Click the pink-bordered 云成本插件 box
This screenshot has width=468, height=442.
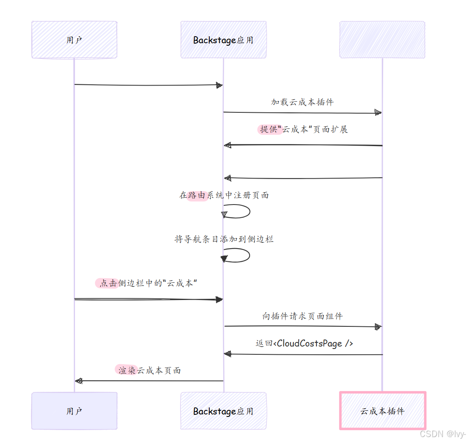click(382, 411)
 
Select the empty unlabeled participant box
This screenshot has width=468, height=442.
click(382, 40)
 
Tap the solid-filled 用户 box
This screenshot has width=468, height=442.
click(74, 411)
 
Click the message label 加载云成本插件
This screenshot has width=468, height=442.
click(302, 102)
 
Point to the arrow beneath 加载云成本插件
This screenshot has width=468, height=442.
click(302, 113)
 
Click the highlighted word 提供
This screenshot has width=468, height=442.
click(269, 129)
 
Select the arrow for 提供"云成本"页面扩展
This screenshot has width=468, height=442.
click(303, 145)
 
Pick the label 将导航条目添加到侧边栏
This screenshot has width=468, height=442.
click(224, 239)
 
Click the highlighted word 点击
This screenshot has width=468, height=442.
click(108, 283)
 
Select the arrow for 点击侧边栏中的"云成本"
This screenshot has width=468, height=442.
click(148, 299)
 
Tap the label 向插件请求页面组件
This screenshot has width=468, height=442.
click(302, 316)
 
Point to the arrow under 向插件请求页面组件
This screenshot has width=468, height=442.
click(303, 327)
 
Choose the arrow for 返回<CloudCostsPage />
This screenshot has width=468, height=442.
click(303, 354)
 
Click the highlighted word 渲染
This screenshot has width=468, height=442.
click(126, 370)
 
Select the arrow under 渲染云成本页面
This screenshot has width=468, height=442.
click(149, 381)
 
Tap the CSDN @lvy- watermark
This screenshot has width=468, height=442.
click(442, 434)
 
